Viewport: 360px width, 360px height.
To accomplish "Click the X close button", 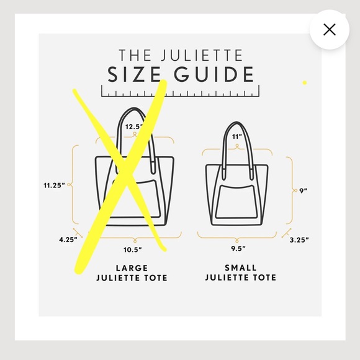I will tap(329, 29).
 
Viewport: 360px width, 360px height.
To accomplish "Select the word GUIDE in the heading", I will tap(213, 74).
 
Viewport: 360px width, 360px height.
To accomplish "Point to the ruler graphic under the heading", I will tap(180, 94).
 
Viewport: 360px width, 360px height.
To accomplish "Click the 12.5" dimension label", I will tap(134, 127).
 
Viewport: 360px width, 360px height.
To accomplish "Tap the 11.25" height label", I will tap(55, 184).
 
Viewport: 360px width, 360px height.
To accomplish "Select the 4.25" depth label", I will tap(68, 239).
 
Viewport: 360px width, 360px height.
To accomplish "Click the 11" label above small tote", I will tap(236, 136).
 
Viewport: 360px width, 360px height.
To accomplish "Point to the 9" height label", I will tap(304, 191).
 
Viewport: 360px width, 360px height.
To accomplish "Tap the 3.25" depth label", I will tap(299, 239).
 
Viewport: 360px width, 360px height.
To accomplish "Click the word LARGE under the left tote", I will tap(132, 268).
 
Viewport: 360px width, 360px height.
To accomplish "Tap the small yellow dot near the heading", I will tap(305, 83).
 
